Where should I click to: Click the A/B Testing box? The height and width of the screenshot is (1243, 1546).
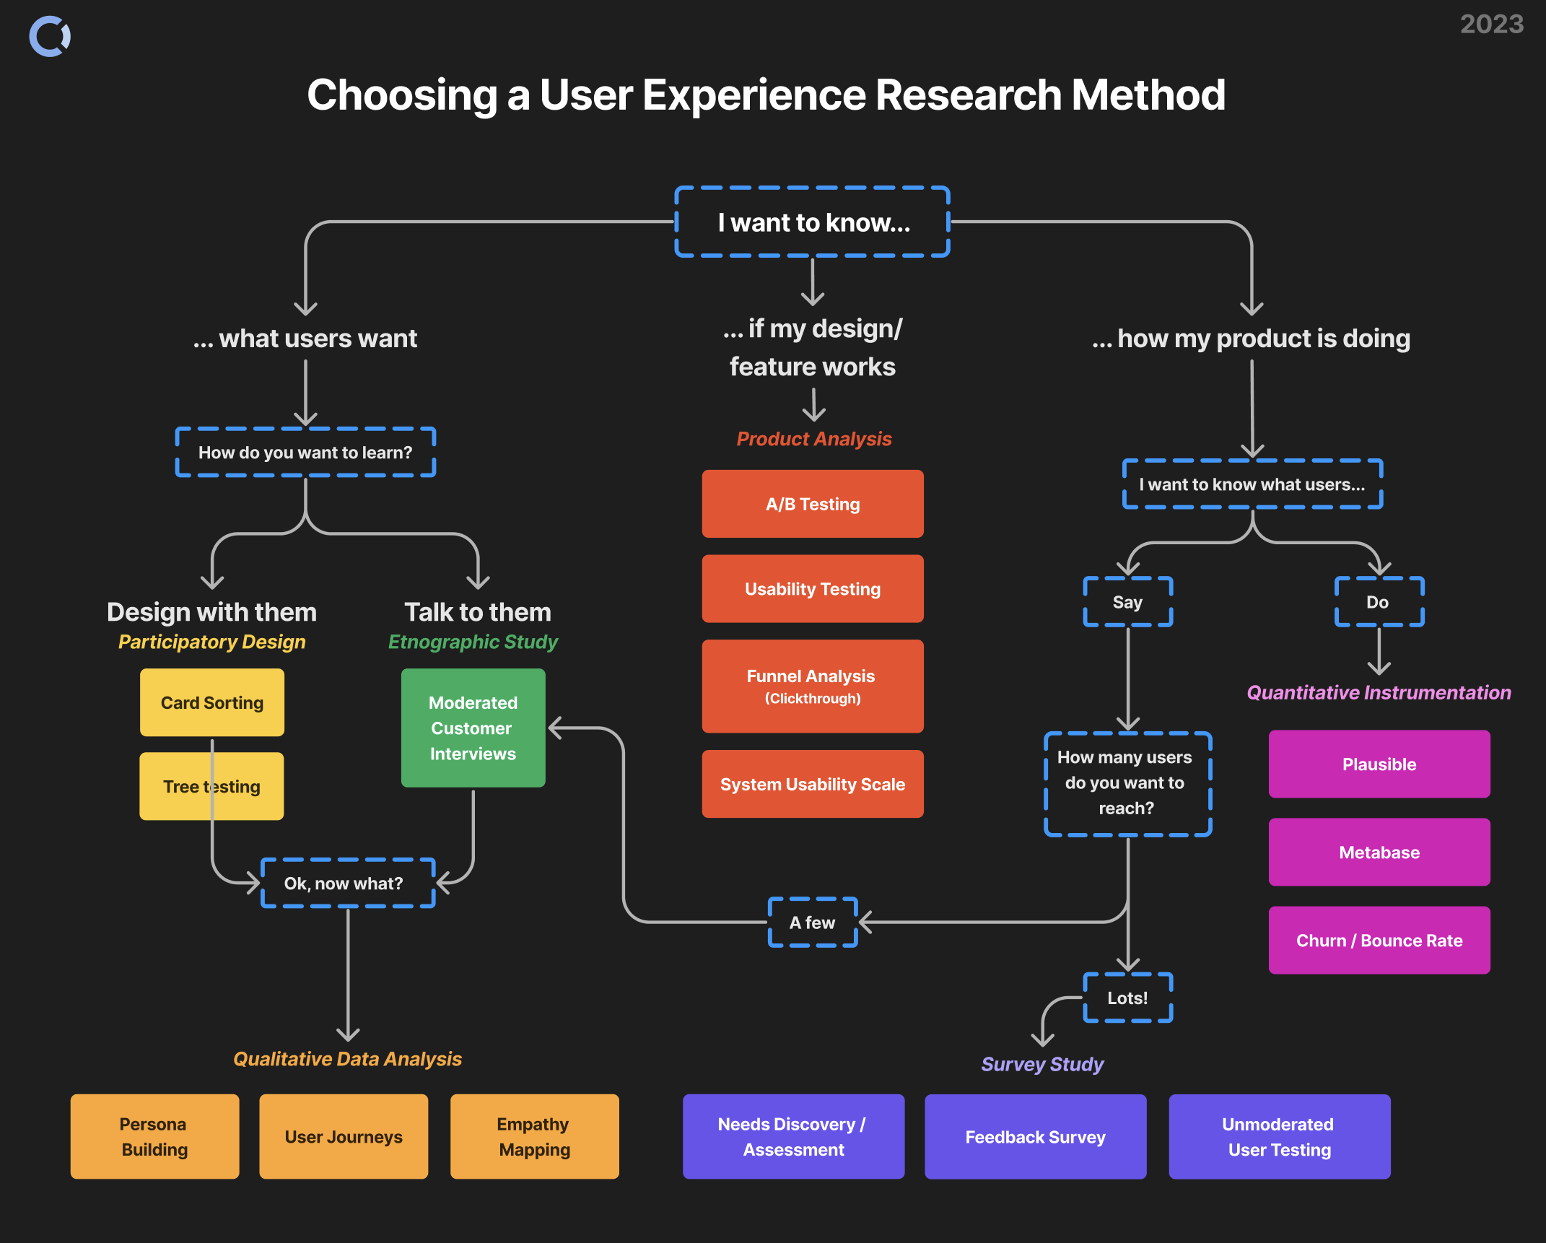click(813, 504)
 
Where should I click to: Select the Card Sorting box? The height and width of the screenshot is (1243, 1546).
click(212, 702)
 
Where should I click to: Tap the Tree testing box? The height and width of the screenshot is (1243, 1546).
click(211, 786)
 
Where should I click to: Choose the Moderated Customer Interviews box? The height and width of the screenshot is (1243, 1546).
click(473, 728)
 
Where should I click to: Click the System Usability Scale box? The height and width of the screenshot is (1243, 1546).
click(813, 784)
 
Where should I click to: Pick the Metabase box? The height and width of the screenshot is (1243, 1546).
click(1379, 852)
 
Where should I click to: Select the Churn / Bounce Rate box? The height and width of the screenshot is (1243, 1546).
click(1379, 940)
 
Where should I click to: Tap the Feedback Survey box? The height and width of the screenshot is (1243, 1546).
click(1035, 1137)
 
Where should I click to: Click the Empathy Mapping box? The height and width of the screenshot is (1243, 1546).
click(534, 1137)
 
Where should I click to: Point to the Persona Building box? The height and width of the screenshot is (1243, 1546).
click(154, 1137)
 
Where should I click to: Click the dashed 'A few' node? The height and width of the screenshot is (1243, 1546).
click(813, 923)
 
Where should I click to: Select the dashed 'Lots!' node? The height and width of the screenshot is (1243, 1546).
click(1127, 998)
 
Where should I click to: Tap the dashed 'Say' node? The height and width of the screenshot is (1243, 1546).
click(1127, 602)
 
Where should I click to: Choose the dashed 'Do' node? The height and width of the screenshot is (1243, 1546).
click(1379, 602)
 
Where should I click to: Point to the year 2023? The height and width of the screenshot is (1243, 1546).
click(1492, 25)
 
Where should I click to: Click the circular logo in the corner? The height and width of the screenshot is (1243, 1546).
click(50, 36)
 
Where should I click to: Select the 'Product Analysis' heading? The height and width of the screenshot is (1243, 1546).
click(814, 439)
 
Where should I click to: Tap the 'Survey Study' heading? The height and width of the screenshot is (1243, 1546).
click(1042, 1064)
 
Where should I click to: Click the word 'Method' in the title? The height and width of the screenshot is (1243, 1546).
click(1148, 95)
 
